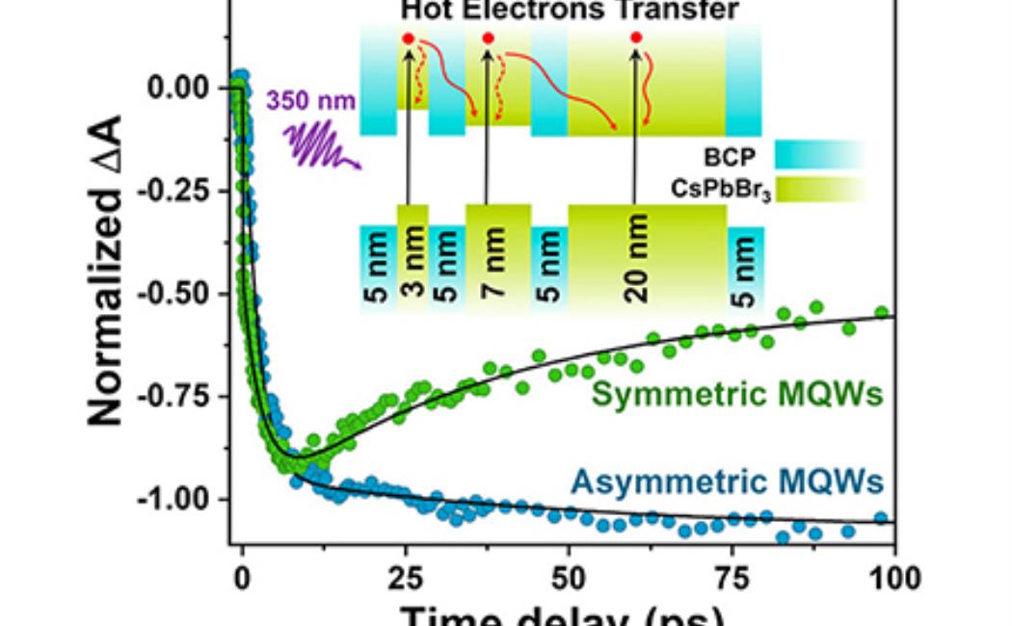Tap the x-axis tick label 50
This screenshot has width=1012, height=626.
click(569, 578)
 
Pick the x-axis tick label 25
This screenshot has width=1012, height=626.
click(405, 578)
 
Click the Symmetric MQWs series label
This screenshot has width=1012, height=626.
click(738, 394)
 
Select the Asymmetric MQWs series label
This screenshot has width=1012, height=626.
click(727, 479)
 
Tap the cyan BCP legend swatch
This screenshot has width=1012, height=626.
click(819, 154)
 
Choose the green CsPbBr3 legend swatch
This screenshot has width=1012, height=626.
click(819, 188)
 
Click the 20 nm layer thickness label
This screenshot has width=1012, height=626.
click(635, 260)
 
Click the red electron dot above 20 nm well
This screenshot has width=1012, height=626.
click(636, 38)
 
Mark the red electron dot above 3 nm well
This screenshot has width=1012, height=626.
click(409, 38)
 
